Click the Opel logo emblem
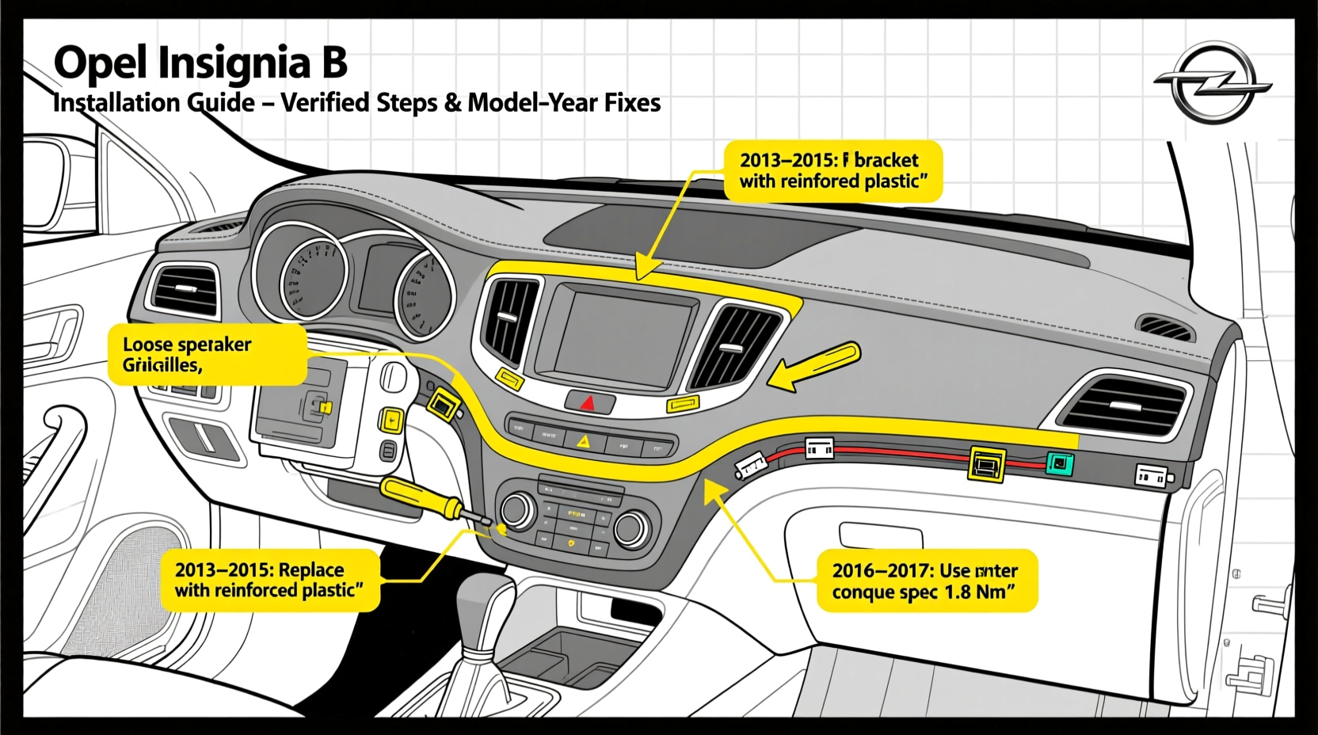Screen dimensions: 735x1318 tap(1212, 83)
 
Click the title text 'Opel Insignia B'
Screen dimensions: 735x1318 tap(200, 63)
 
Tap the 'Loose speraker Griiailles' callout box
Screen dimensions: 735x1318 tap(208, 355)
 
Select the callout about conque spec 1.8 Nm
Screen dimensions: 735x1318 tap(926, 581)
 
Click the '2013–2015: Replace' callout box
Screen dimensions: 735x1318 tap(269, 580)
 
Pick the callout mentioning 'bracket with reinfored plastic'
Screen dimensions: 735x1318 tap(832, 170)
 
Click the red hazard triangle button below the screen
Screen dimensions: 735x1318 tap(588, 403)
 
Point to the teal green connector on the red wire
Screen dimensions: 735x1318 tap(1060, 463)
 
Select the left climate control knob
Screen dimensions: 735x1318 tap(518, 509)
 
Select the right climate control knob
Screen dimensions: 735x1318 tap(631, 528)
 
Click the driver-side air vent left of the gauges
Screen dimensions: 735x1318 tap(185, 289)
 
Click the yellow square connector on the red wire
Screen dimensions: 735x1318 tap(987, 463)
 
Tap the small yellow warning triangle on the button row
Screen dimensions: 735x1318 tap(584, 442)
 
